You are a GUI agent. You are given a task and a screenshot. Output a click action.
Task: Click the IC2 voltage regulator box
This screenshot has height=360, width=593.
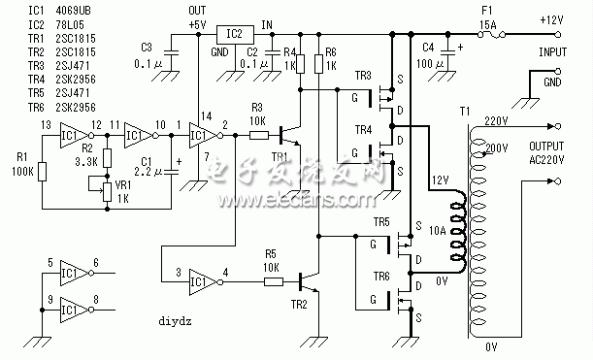tap(233, 32)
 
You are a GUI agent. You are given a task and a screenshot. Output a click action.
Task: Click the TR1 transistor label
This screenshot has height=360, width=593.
tap(280, 157)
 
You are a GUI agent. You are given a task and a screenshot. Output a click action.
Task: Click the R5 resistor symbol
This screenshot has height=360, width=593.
tap(274, 282)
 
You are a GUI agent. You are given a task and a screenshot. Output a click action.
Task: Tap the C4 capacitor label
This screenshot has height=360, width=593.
tap(429, 46)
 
